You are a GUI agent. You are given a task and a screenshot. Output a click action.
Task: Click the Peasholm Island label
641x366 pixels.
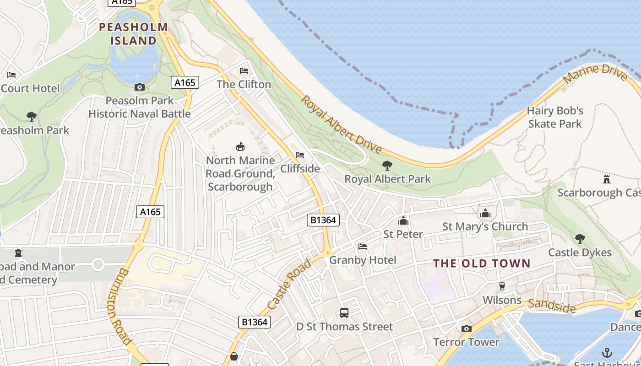coord(134,34)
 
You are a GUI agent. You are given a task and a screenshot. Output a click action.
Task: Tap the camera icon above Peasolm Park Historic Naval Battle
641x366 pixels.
coord(140,87)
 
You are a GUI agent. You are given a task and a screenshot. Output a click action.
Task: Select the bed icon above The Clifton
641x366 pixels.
coord(244,71)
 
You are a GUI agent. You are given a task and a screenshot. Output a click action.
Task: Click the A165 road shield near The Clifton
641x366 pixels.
coord(185,82)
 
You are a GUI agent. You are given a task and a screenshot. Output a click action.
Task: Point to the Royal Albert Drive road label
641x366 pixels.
coord(341,124)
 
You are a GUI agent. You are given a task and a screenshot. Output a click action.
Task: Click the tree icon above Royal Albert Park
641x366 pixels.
coord(387,166)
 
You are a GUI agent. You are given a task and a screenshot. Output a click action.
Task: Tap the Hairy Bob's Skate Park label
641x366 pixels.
coord(555,117)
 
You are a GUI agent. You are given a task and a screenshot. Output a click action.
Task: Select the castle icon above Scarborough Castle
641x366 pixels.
coord(607,179)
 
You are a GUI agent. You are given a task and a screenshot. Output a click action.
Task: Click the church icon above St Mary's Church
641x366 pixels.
coord(485,213)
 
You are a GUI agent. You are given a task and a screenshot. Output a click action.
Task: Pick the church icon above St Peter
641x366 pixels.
coord(403,221)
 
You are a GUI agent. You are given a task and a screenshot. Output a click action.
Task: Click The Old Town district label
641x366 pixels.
coord(482,264)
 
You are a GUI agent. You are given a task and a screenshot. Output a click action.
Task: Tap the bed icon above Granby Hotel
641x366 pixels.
coord(363,247)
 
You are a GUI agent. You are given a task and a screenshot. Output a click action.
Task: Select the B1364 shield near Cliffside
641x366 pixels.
coord(323,220)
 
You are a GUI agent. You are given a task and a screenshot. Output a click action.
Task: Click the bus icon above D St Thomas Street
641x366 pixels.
coord(344,313)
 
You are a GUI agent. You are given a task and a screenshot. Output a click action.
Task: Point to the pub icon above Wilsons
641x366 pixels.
coord(502,286)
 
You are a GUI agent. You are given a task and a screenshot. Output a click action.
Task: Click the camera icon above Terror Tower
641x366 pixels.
coord(467,328)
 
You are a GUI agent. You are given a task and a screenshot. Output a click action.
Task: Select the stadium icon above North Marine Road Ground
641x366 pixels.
coord(240,146)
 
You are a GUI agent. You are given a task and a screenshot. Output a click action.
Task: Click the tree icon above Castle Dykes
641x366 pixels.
coord(580,238)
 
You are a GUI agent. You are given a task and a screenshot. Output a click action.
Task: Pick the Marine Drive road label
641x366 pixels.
coord(595,75)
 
